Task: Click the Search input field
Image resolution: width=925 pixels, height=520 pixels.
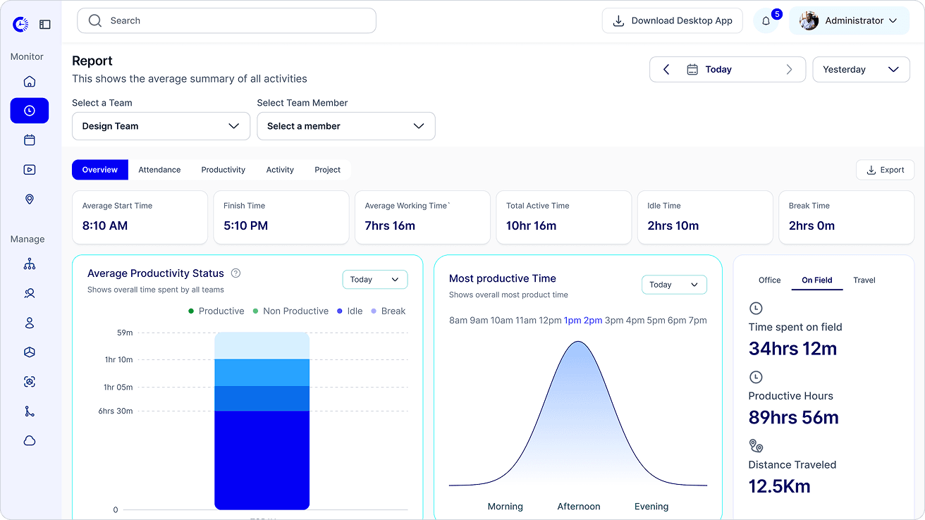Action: [226, 20]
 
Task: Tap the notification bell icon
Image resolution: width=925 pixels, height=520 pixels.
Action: [766, 21]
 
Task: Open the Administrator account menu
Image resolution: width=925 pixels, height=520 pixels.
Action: [849, 20]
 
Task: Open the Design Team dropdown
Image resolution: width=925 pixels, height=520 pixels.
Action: [161, 126]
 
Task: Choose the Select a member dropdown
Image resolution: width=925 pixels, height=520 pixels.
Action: [346, 126]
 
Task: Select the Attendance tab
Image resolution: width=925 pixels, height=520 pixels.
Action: [159, 170]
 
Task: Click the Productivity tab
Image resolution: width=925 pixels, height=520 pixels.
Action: [223, 170]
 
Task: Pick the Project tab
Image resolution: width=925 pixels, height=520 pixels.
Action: [327, 170]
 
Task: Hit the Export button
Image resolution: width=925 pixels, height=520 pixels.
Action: [885, 170]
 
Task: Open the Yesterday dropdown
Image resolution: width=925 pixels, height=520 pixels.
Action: [861, 69]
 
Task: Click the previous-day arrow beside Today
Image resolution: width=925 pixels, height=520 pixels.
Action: [666, 69]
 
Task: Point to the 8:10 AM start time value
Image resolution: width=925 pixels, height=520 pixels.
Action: [105, 225]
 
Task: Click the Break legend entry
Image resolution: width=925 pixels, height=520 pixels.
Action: [388, 311]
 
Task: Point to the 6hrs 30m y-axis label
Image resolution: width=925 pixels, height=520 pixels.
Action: [116, 411]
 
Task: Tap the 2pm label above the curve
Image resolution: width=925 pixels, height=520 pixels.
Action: [593, 321]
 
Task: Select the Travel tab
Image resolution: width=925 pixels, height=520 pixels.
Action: [864, 280]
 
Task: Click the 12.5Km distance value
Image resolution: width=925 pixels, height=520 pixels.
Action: [779, 486]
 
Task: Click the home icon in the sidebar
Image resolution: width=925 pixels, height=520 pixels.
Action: [30, 82]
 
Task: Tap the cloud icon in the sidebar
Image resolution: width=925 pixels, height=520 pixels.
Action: [30, 441]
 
